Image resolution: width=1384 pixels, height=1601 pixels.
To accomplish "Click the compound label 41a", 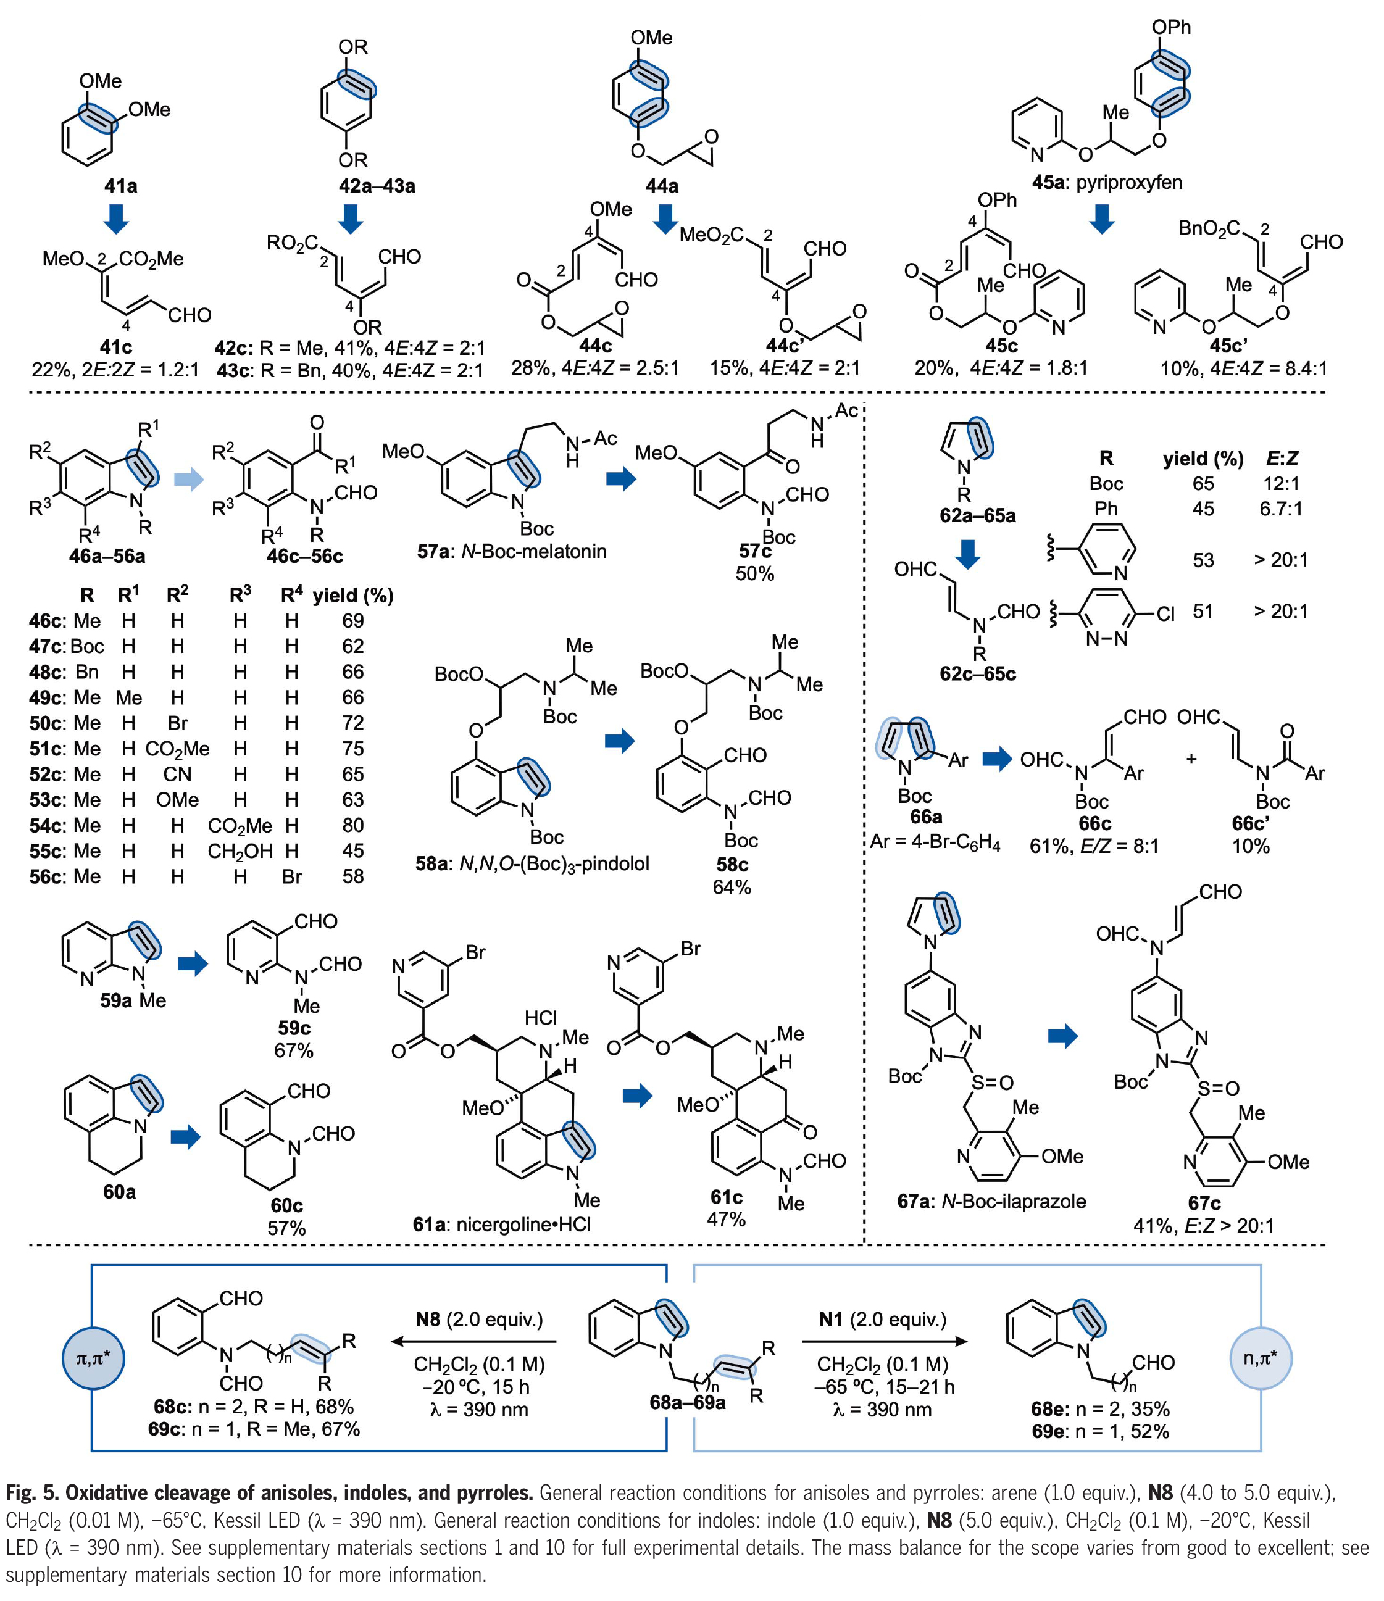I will click(120, 186).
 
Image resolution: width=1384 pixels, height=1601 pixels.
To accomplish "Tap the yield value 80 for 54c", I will click(353, 825).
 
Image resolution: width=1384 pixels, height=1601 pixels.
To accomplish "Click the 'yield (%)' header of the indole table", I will click(353, 595).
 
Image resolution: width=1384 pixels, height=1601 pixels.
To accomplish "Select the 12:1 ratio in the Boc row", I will click(1282, 484).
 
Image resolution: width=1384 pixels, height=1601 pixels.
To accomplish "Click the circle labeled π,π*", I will click(93, 1358).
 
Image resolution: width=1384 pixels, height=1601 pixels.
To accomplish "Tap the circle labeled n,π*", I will click(1261, 1358).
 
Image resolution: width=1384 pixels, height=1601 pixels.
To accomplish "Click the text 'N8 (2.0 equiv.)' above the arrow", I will click(479, 1318).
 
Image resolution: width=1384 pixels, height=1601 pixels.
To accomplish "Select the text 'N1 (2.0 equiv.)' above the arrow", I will click(883, 1318).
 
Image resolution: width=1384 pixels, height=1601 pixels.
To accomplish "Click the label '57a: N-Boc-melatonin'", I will click(512, 552).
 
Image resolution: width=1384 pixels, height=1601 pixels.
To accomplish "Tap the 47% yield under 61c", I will click(727, 1220).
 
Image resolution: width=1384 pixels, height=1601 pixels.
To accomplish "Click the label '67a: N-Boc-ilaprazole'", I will click(991, 1202).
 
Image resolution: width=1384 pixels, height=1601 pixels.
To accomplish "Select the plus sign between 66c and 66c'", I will click(1191, 760).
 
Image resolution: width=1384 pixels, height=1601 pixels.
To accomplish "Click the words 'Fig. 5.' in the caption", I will click(31, 1492).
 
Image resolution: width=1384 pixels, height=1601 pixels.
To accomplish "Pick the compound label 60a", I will click(120, 1192).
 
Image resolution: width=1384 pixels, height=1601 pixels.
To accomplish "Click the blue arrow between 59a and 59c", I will click(193, 963).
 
